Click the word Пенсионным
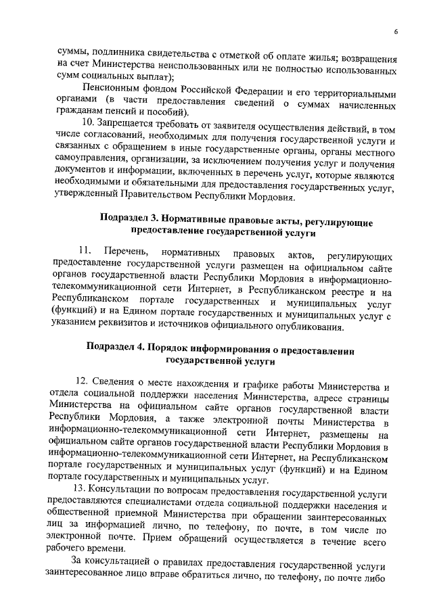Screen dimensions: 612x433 tap(111, 91)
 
